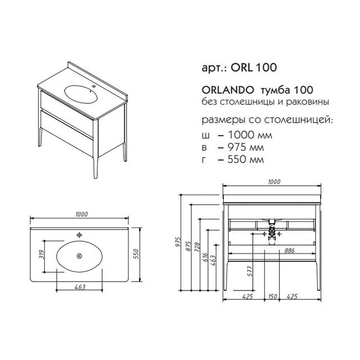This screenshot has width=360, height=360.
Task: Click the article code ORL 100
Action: (x=253, y=67)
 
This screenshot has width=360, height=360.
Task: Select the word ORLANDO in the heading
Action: (x=228, y=90)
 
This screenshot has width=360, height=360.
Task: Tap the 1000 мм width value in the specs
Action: (x=250, y=135)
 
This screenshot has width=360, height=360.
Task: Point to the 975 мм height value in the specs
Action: (x=246, y=147)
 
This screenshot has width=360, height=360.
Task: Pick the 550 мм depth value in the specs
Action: (x=246, y=159)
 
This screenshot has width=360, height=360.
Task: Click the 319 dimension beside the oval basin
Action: (x=41, y=254)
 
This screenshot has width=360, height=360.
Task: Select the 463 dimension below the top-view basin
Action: (x=80, y=287)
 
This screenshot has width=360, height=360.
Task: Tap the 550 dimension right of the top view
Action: (x=136, y=254)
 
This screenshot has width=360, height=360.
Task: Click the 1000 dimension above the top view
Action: (x=81, y=214)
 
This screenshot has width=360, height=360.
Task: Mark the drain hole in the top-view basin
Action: (x=80, y=256)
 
